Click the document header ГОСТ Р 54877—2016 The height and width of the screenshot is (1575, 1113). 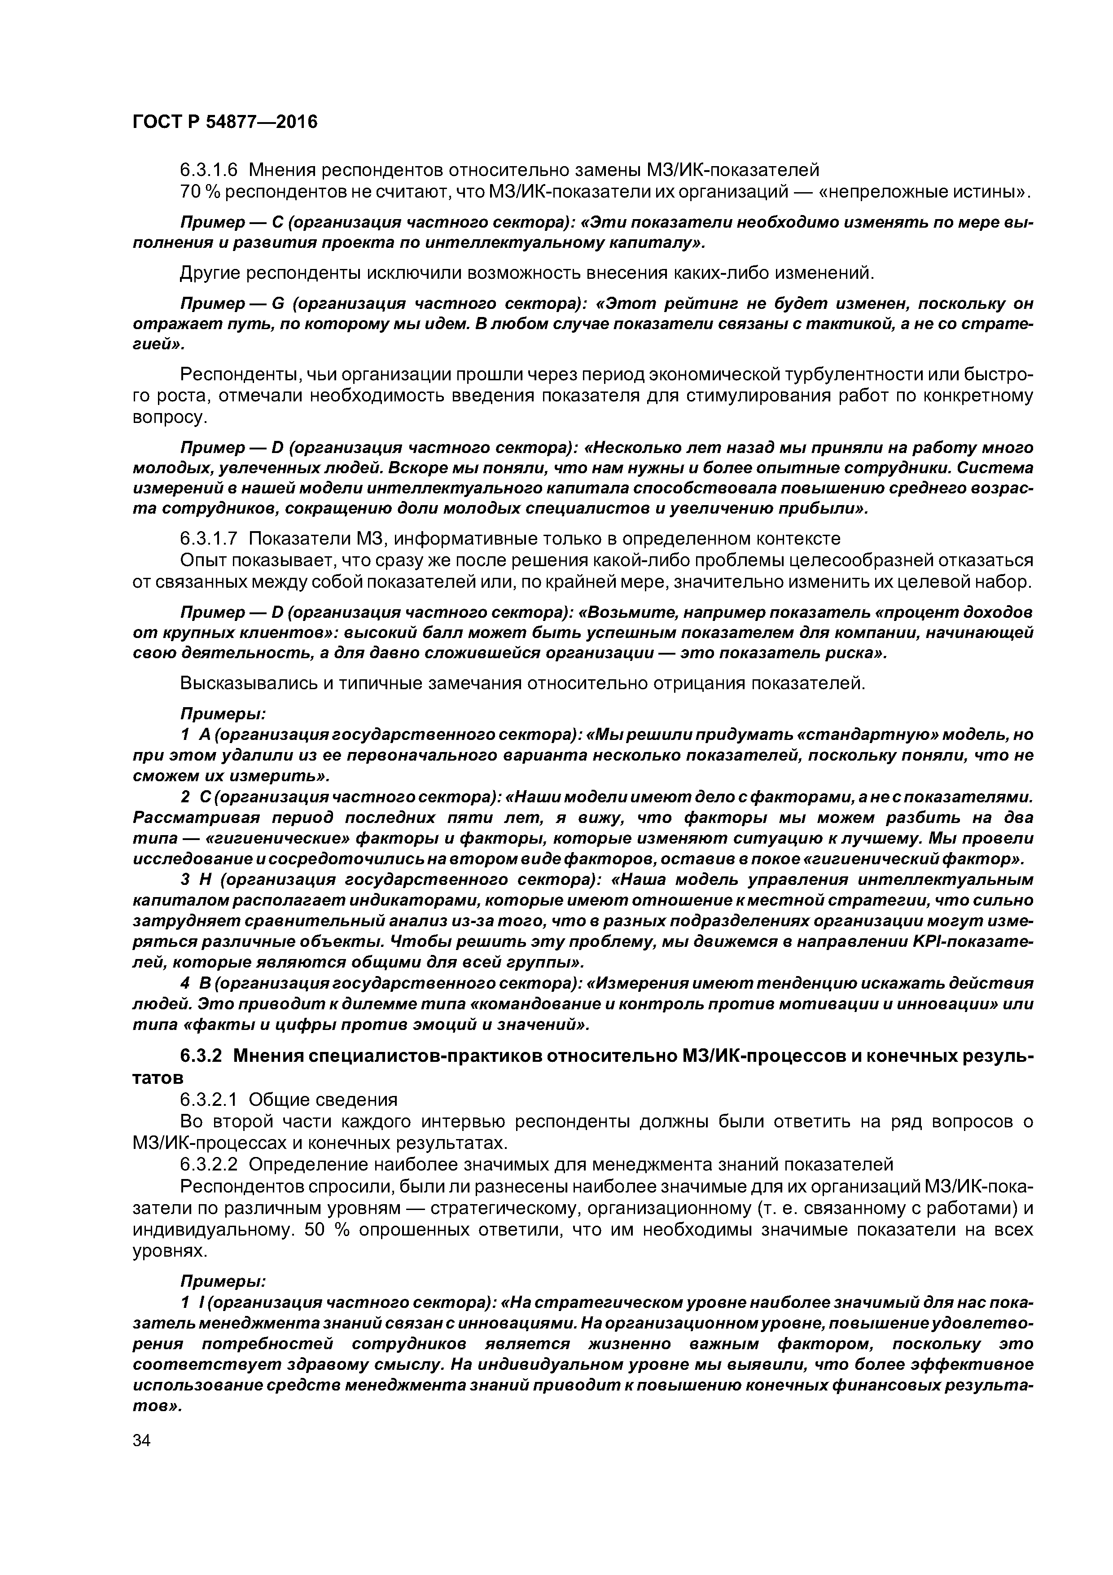pos(225,122)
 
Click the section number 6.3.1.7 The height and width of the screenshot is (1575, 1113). pos(209,538)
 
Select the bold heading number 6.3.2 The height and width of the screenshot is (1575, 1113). pos(200,1055)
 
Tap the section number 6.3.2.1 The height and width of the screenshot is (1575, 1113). pos(209,1100)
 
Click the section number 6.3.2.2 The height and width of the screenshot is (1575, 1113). pos(209,1164)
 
